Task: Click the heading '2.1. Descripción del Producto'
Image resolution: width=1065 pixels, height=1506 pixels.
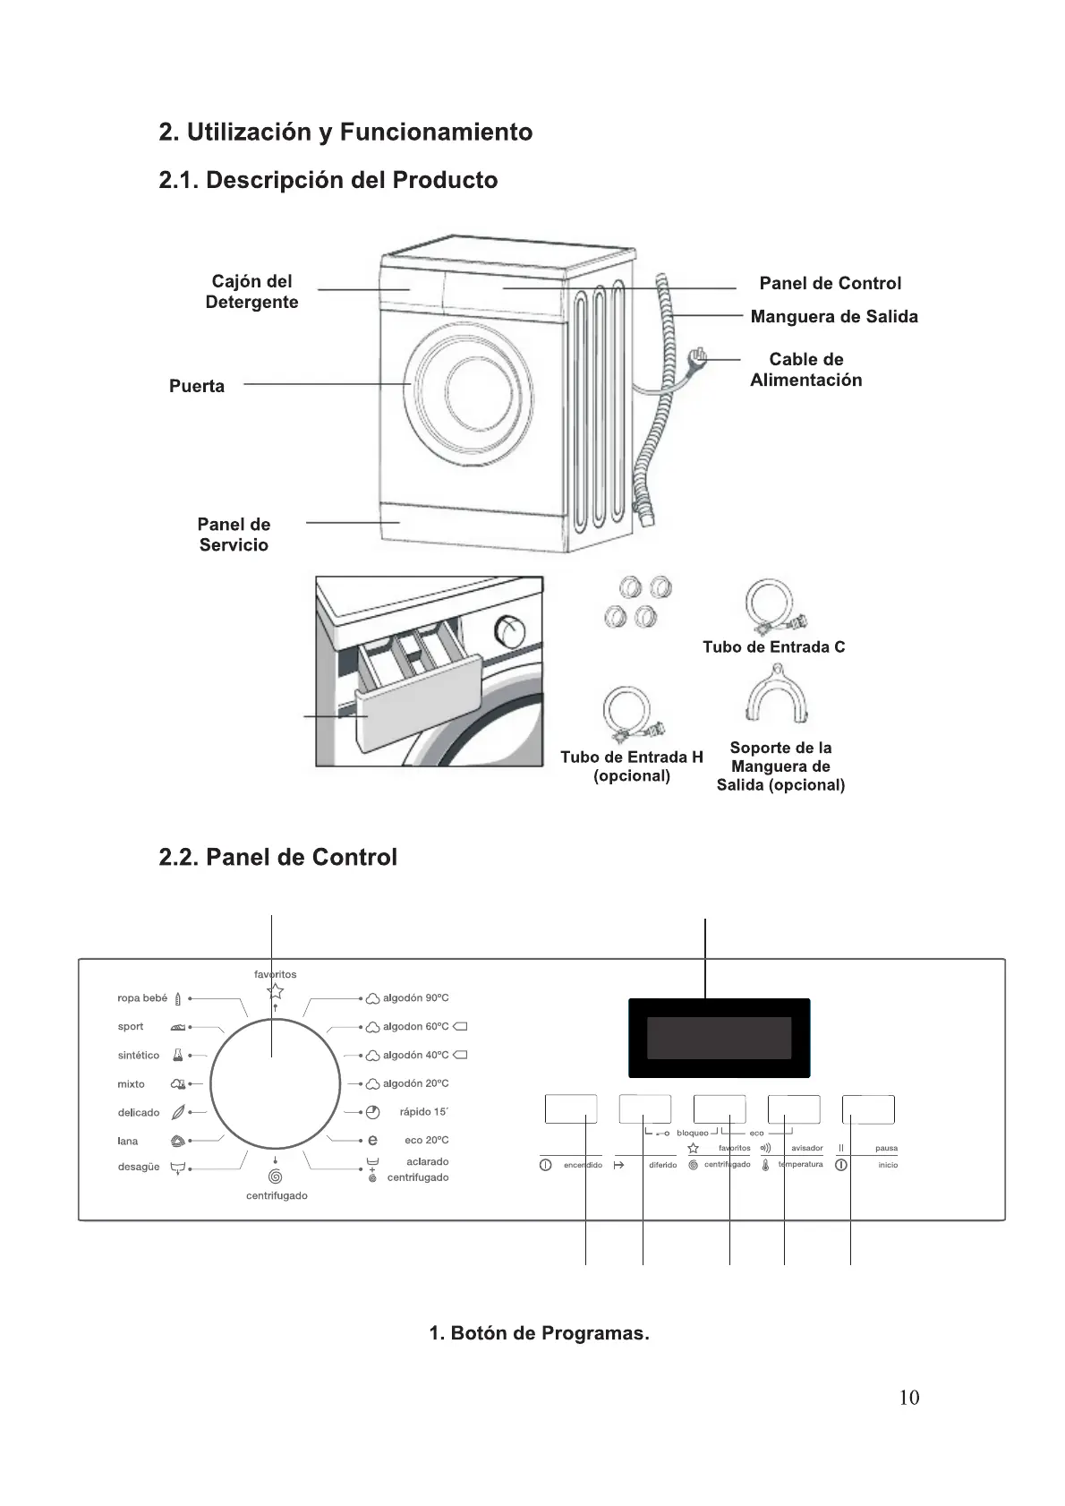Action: click(x=328, y=180)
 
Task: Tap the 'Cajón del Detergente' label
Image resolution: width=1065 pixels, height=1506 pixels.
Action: click(x=251, y=292)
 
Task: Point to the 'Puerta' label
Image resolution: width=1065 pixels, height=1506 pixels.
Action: click(x=197, y=386)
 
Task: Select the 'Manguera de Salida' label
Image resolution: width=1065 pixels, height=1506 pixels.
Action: click(x=833, y=316)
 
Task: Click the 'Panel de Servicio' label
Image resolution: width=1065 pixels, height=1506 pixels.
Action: click(x=234, y=535)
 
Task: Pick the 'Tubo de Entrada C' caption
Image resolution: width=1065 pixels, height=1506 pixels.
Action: click(x=773, y=646)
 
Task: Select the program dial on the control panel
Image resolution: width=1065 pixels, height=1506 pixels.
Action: click(x=275, y=1083)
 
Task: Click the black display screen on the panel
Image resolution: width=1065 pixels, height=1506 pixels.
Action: click(x=719, y=1038)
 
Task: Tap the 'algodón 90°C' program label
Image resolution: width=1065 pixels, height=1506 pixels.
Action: click(x=415, y=997)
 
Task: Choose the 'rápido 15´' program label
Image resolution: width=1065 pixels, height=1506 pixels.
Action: click(x=423, y=1112)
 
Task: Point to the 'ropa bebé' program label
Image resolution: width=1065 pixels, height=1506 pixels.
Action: click(x=142, y=997)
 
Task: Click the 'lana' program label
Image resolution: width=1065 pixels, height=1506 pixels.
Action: click(x=128, y=1141)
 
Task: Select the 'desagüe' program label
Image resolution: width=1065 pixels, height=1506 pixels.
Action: click(x=139, y=1167)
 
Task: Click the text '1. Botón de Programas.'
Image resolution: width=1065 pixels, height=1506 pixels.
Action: click(x=539, y=1333)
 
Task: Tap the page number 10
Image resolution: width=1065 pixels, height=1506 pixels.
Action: click(x=908, y=1398)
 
